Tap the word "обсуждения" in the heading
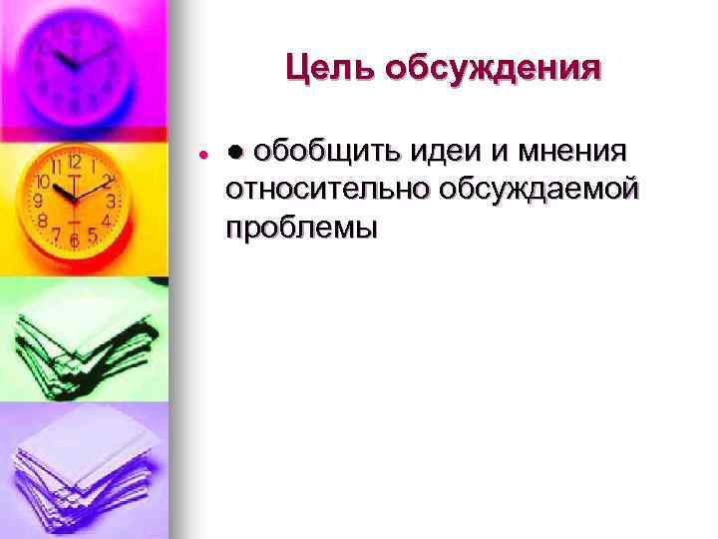tap(493, 69)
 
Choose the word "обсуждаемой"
tap(534, 189)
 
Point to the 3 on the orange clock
tap(113, 202)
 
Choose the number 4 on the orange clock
tap(107, 220)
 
